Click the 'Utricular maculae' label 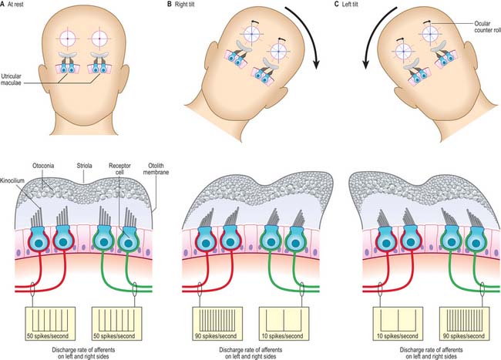[x=12, y=79]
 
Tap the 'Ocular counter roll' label [x=487, y=27]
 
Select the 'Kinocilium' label [x=12, y=181]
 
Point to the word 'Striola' [x=84, y=166]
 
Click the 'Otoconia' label [x=43, y=166]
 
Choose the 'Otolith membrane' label [x=156, y=169]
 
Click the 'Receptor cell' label [x=119, y=169]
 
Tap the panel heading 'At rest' [x=15, y=5]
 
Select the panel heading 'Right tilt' [x=185, y=5]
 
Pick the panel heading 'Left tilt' [x=350, y=5]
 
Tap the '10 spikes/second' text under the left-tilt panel [x=397, y=336]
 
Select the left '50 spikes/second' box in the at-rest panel [x=50, y=324]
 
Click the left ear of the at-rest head [x=43, y=76]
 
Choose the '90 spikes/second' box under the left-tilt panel [x=464, y=324]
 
